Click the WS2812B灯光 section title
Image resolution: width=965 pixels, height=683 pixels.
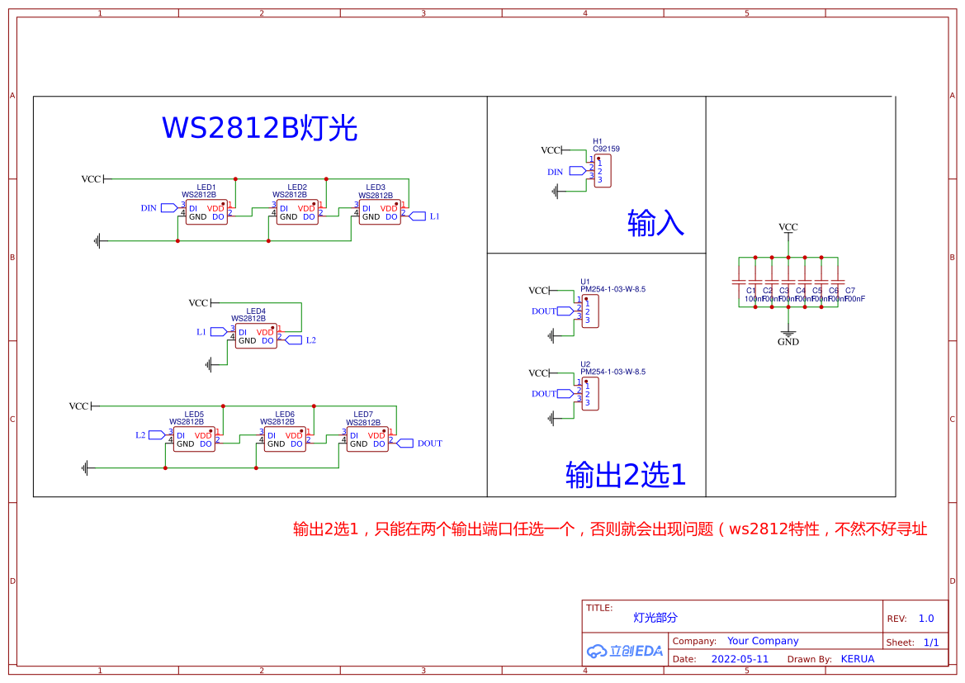pyautogui.click(x=259, y=129)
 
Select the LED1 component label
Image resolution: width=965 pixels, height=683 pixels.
pyautogui.click(x=206, y=187)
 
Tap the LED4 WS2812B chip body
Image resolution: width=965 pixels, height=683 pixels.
pyautogui.click(x=256, y=336)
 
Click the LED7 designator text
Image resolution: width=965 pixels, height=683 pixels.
pyautogui.click(x=363, y=415)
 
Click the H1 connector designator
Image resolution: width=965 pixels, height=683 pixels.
pyautogui.click(x=598, y=141)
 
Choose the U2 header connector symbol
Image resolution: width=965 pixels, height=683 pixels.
pyautogui.click(x=590, y=394)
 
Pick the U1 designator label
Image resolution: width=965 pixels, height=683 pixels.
pyautogui.click(x=585, y=282)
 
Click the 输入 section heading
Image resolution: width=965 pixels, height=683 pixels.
pyautogui.click(x=655, y=223)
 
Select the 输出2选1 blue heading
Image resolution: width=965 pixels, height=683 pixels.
pyautogui.click(x=626, y=475)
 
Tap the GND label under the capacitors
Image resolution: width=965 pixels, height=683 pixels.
pyautogui.click(x=788, y=341)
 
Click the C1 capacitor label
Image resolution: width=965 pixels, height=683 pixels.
pyautogui.click(x=750, y=291)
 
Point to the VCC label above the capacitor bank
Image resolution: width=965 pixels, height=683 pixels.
pyautogui.click(x=788, y=227)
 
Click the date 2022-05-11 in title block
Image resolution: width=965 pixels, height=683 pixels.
pyautogui.click(x=740, y=659)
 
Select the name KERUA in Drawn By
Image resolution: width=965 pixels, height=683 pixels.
pyautogui.click(x=857, y=659)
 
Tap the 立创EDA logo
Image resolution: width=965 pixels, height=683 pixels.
pyautogui.click(x=625, y=651)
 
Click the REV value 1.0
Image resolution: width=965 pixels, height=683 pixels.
pyautogui.click(x=926, y=619)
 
